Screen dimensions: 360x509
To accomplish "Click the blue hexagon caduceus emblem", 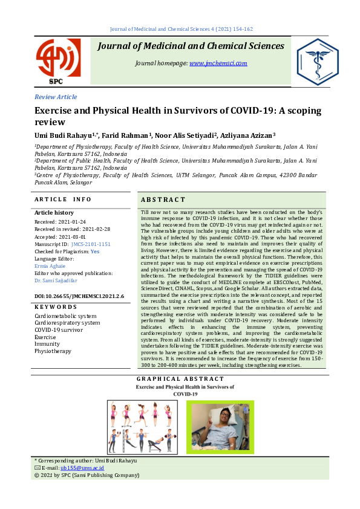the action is point(317,62).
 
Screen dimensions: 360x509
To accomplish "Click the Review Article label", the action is point(56,97).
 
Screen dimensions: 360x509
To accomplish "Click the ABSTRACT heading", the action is point(163,199).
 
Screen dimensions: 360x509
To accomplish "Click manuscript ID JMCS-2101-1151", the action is point(91,244).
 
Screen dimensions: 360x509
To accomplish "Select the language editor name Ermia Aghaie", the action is point(49,265).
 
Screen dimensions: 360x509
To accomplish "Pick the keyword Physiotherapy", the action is point(53,351).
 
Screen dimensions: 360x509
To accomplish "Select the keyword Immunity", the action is point(47,343).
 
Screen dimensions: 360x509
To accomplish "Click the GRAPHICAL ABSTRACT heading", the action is point(180,379).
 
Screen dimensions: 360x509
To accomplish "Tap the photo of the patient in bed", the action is point(220,429).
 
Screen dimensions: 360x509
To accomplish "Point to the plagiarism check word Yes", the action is point(95,251).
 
